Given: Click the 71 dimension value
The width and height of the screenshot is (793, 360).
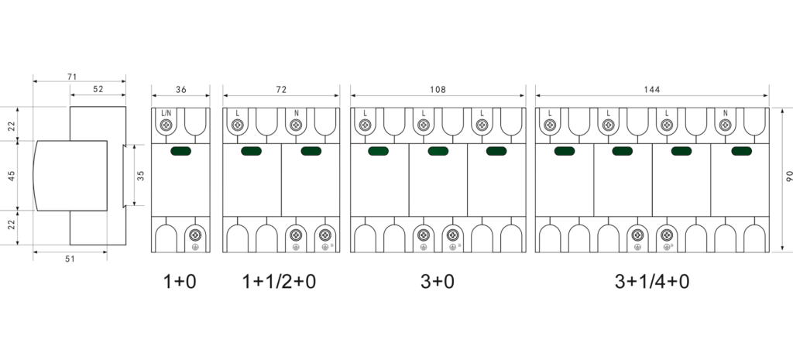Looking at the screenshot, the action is [72, 77].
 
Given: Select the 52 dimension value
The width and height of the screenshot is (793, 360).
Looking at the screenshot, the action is [98, 89].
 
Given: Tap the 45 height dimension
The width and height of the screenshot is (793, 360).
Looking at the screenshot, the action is [12, 176].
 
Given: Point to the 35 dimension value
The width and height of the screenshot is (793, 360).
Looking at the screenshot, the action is [141, 176].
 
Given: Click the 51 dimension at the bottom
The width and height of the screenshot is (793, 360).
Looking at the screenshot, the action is [70, 259].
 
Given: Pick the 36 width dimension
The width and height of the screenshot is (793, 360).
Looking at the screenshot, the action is [180, 90].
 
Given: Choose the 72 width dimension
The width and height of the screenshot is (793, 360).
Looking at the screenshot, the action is [281, 90].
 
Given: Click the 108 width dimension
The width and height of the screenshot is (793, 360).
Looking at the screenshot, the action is [438, 90].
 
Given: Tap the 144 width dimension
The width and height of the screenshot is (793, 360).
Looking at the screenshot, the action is [652, 90].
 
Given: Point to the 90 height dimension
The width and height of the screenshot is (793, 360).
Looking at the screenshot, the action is [789, 176].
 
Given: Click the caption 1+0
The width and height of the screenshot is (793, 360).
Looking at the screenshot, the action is [180, 281].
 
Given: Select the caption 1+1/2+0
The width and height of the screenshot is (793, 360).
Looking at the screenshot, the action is [279, 281].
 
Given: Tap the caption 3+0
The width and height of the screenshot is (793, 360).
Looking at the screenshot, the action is [438, 281].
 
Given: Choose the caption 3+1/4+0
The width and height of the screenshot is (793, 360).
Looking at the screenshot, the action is [652, 281].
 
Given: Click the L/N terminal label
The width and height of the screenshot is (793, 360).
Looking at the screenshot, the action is [166, 113].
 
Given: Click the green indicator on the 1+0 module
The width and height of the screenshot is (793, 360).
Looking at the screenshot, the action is [180, 151].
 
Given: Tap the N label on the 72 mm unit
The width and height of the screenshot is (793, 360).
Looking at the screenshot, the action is [297, 113].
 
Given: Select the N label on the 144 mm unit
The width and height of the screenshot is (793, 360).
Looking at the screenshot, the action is [725, 113].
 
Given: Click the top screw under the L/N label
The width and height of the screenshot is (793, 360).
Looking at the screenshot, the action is [166, 125].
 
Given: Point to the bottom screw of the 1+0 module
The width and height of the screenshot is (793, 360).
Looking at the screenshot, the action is [195, 235].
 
